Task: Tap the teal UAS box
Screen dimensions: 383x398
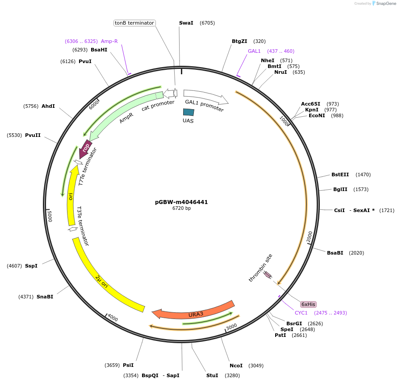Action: pyautogui.click(x=189, y=112)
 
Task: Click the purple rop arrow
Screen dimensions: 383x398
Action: pyautogui.click(x=85, y=149)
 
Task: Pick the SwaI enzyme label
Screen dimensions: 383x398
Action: pyautogui.click(x=186, y=23)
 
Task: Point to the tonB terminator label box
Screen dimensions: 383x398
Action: pyautogui.click(x=134, y=23)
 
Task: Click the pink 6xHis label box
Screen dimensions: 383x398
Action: pyautogui.click(x=308, y=304)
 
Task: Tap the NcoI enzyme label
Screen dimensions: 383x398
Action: pyautogui.click(x=236, y=366)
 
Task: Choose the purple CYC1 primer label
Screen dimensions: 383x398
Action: pyautogui.click(x=301, y=313)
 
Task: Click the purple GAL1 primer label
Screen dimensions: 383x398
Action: pyautogui.click(x=254, y=51)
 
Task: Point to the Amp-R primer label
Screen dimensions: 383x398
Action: pyautogui.click(x=109, y=41)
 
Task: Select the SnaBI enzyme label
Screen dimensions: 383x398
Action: pyautogui.click(x=45, y=297)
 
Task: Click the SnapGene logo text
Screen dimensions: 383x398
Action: pyautogui.click(x=386, y=4)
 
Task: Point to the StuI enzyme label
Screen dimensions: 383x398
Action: pyautogui.click(x=212, y=375)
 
